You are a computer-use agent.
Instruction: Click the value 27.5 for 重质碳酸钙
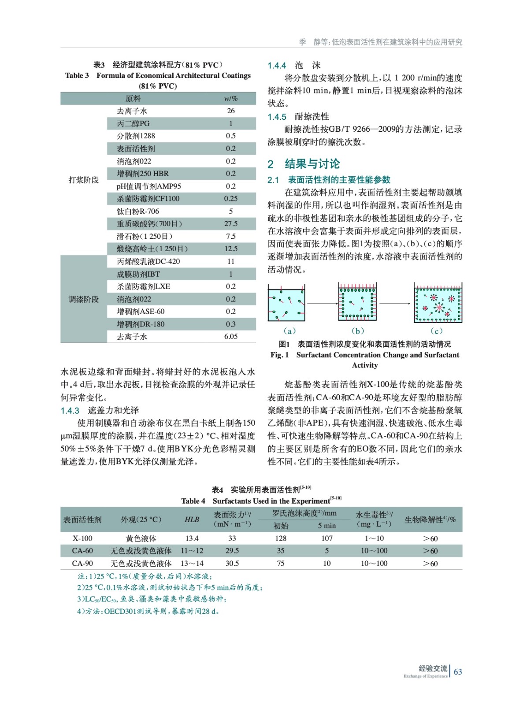(231, 224)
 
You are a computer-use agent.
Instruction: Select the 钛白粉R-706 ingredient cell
(137, 211)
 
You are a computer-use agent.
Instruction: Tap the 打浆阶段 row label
(83, 180)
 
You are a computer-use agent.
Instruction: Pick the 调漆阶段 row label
(83, 299)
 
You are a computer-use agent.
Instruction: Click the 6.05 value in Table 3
(231, 337)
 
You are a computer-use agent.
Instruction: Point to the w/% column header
(231, 99)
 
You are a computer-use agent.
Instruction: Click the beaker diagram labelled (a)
(286, 303)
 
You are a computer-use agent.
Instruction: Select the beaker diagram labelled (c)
(438, 303)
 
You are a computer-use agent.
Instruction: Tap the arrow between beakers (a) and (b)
(322, 304)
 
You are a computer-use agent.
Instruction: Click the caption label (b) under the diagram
(358, 331)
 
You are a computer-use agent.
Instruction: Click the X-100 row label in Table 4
(82, 538)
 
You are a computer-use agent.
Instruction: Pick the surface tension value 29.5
(232, 551)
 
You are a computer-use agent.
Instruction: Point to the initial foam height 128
(281, 538)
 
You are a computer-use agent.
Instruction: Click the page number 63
(458, 672)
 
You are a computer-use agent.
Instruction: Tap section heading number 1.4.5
(277, 117)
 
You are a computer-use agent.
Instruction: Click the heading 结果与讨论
(312, 164)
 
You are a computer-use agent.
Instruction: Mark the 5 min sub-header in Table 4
(327, 526)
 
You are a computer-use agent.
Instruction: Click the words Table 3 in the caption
(77, 75)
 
